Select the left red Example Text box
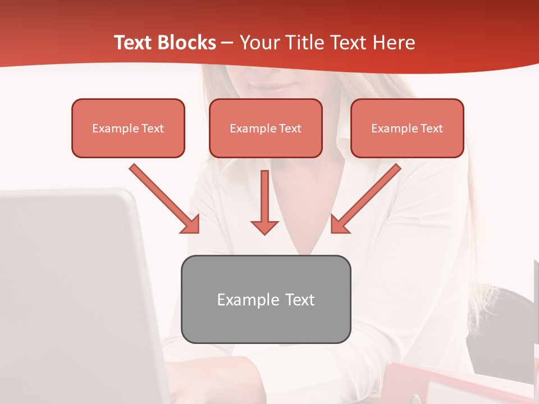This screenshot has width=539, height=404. coord(128,128)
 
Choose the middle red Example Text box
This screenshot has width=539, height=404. coord(266,128)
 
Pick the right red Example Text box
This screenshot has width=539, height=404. coord(407,128)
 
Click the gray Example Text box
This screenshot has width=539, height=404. coord(266,299)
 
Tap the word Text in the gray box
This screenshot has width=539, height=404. coord(299,300)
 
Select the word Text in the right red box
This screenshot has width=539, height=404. coord(432,128)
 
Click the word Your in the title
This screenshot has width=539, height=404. coord(257,43)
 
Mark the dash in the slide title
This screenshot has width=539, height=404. coord(227,43)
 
